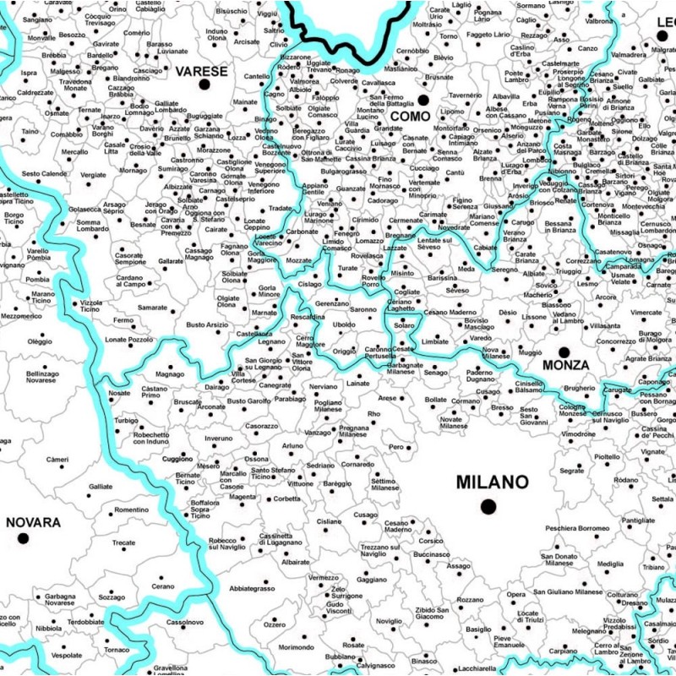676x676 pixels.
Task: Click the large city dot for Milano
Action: point(488,506)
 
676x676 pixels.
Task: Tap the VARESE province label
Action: point(201,71)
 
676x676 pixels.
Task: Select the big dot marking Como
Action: point(423,100)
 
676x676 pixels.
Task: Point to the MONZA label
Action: point(565,365)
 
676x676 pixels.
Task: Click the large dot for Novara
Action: point(23,537)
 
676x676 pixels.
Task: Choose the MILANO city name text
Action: point(493,482)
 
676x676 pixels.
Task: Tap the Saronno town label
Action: point(363,310)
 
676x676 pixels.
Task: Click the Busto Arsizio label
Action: point(207,324)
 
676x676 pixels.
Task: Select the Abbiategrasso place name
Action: point(252,587)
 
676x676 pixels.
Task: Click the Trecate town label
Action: point(123,542)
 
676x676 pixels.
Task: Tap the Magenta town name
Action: point(243,497)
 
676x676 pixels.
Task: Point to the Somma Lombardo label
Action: point(92,226)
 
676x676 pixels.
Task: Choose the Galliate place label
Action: point(100,487)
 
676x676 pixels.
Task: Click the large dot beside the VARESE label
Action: point(203,85)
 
